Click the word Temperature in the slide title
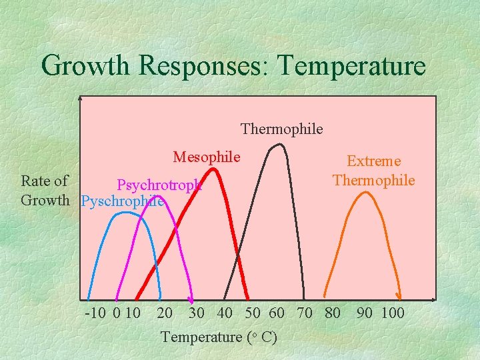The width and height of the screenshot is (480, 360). click(351, 65)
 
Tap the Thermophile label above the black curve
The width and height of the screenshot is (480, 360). click(281, 129)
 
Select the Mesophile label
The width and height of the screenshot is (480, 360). click(206, 157)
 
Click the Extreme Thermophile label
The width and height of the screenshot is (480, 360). click(373, 171)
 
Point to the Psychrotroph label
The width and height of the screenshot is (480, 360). click(159, 185)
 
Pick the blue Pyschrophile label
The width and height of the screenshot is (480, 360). click(123, 201)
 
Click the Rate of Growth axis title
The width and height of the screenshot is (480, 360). click(45, 191)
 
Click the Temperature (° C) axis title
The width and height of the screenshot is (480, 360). click(219, 337)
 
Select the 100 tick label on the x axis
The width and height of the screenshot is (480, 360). click(392, 313)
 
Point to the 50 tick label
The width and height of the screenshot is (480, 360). click(253, 313)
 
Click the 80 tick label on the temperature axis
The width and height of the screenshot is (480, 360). click(331, 313)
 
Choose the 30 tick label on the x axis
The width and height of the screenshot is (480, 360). click(197, 313)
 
